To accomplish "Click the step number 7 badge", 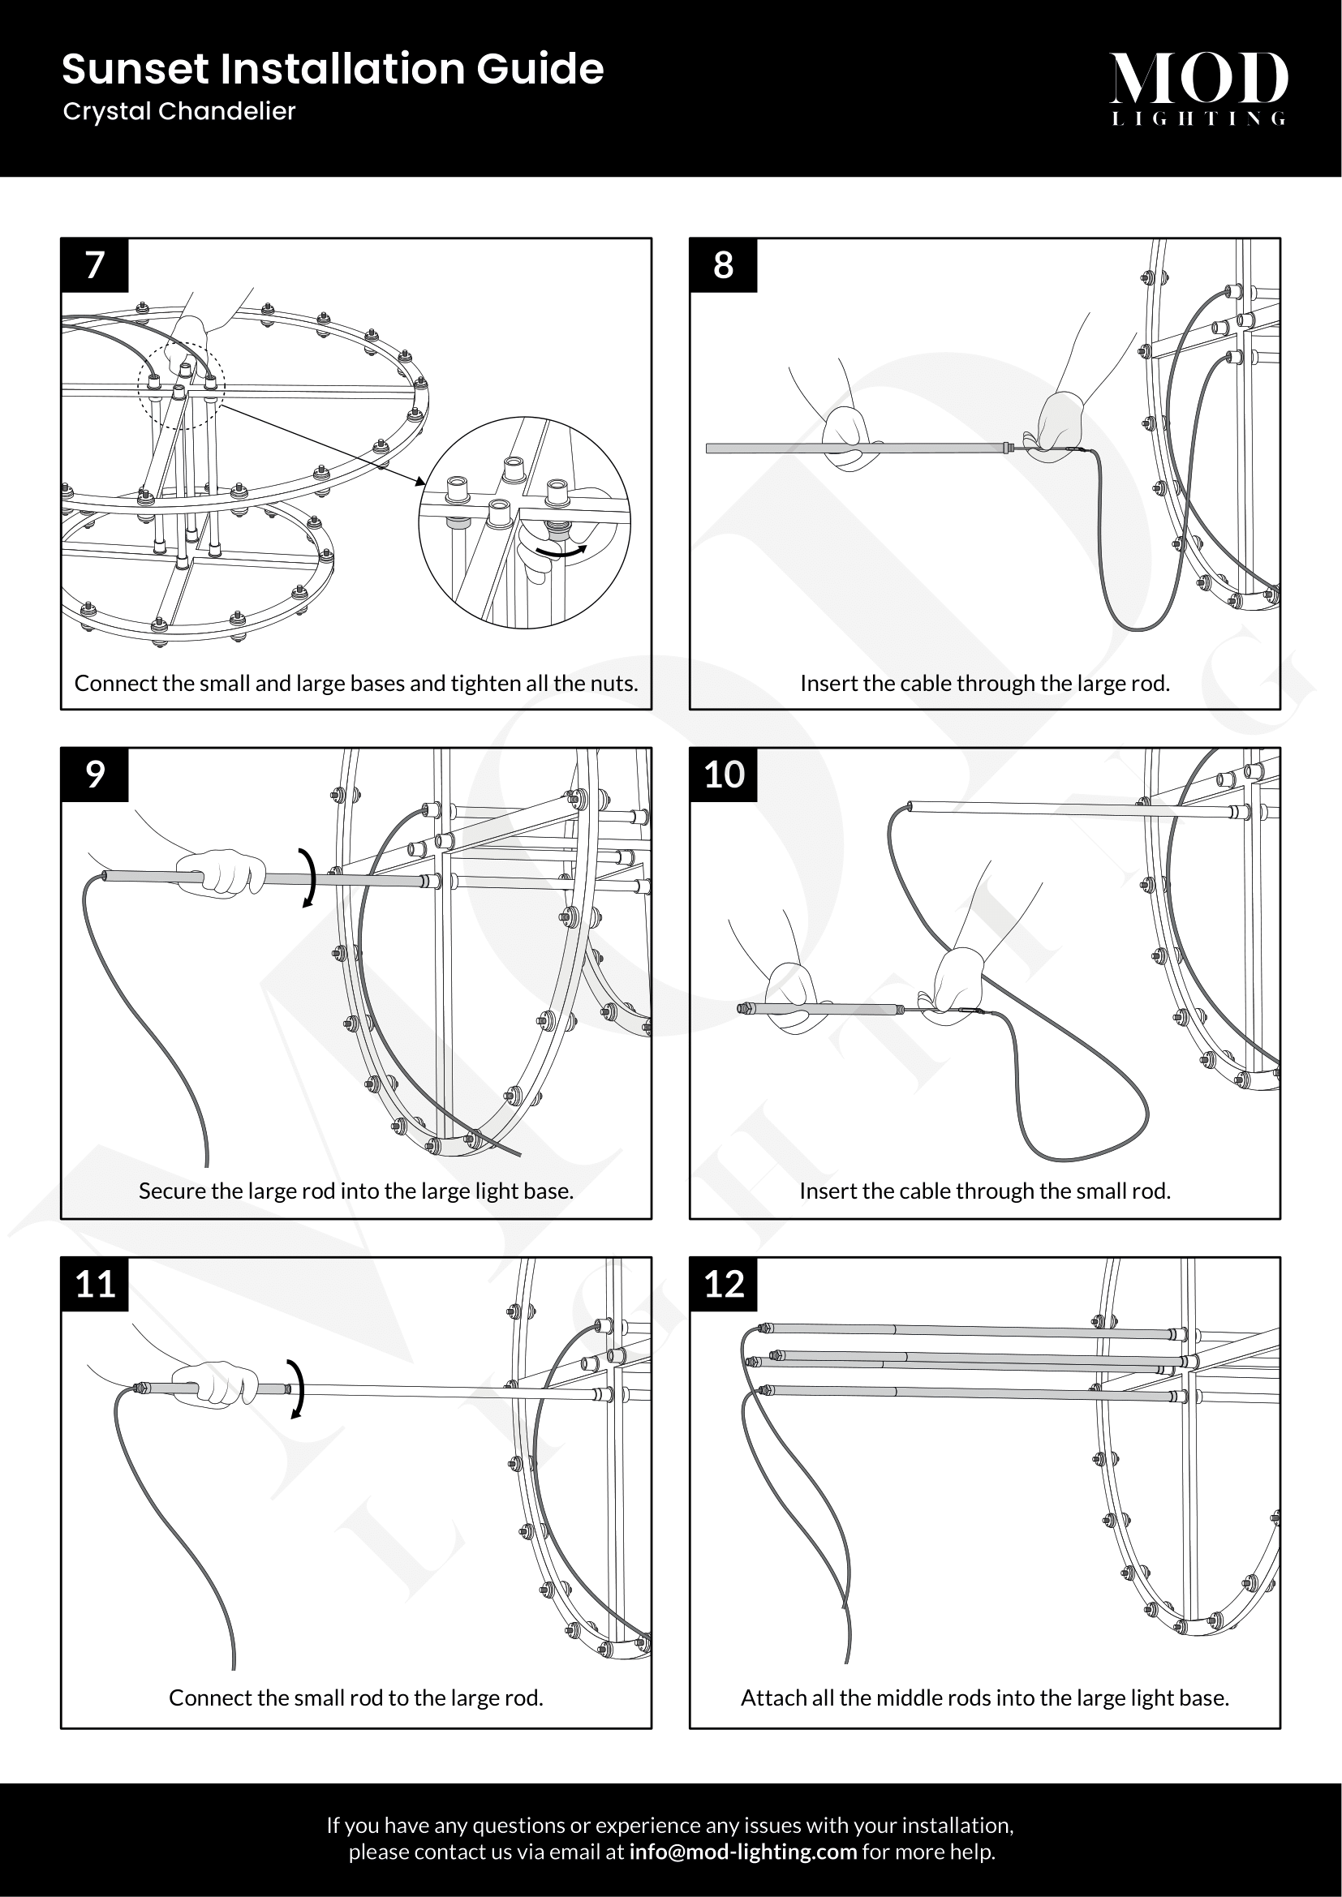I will pos(95,265).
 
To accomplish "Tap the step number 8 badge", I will pos(723,265).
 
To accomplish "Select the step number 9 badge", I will pos(95,775).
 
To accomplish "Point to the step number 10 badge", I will pos(724,775).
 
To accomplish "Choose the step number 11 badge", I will pos(95,1284).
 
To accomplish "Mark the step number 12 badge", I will pos(724,1284).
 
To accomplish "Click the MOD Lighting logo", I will pos(1198,88).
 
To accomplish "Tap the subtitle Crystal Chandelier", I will pos(179,112).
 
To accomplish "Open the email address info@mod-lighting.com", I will pos(742,1852).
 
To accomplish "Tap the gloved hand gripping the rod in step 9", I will pos(222,873).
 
